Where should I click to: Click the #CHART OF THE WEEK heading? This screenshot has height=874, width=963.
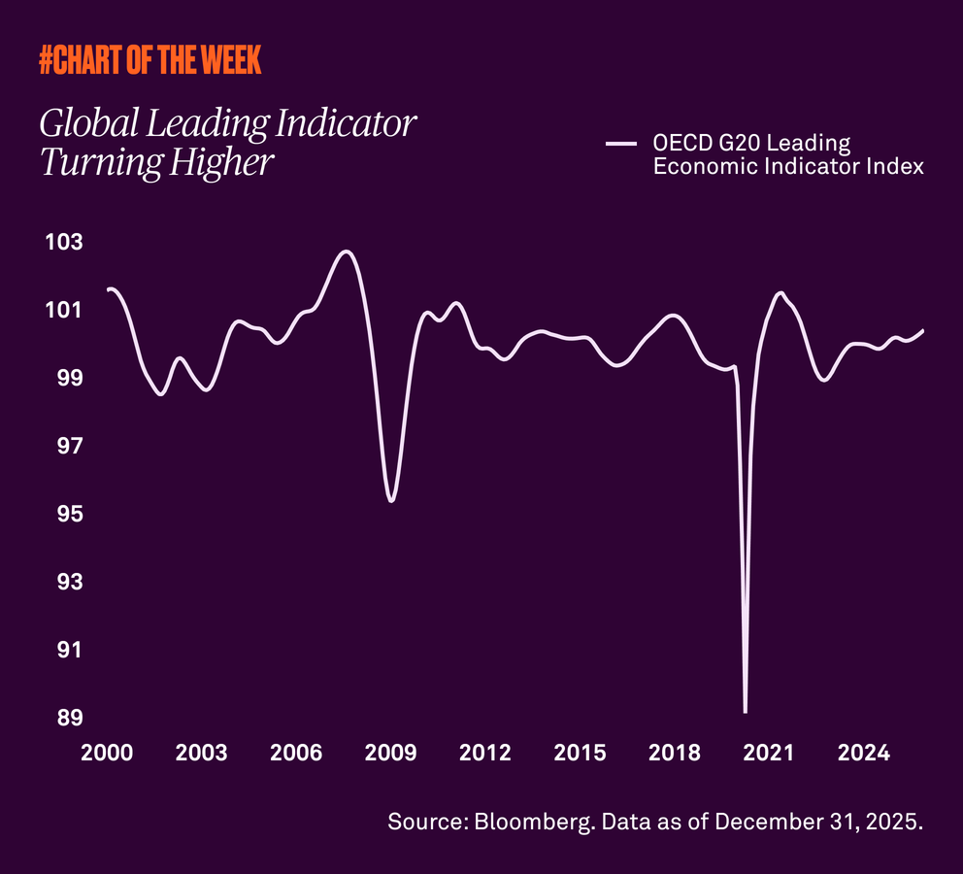[149, 61]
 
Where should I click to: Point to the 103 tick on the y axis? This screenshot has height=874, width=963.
[64, 242]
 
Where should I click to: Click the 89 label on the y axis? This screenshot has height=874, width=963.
[69, 719]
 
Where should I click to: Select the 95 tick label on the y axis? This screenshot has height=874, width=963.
[69, 514]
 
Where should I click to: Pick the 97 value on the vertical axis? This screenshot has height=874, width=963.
[69, 446]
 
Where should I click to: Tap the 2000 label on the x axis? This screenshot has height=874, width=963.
[107, 754]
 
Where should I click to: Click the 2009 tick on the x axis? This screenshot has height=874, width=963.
[391, 754]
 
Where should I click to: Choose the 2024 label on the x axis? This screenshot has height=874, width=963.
[864, 754]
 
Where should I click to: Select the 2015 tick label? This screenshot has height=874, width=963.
[581, 754]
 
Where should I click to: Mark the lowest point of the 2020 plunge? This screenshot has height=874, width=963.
[745, 712]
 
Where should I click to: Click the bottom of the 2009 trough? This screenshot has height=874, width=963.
[390, 500]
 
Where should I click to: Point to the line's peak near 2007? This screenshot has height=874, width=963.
[346, 252]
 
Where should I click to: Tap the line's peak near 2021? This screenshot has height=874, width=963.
[780, 292]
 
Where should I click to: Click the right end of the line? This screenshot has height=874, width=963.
[922, 330]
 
